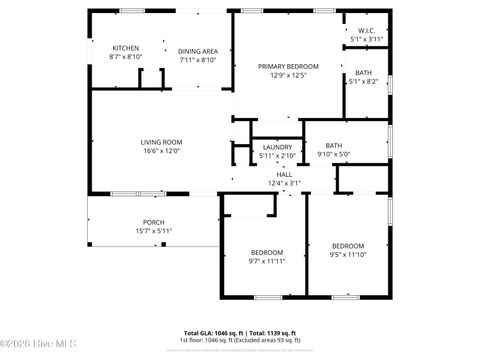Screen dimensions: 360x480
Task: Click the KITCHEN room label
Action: (x=125, y=48)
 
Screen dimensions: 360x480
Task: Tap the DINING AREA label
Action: (x=198, y=51)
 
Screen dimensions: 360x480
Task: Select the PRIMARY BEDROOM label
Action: (x=288, y=66)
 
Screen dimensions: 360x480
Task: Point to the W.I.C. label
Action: (x=366, y=30)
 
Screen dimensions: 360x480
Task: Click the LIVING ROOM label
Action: (x=161, y=142)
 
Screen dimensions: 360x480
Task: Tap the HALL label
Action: (x=284, y=174)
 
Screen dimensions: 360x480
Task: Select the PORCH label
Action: (x=154, y=222)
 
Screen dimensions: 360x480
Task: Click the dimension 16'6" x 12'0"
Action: (x=161, y=151)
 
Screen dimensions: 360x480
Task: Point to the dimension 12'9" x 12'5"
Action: (x=288, y=75)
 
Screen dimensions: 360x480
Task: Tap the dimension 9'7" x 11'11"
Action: (x=267, y=261)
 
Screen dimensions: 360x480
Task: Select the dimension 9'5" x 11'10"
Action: (x=348, y=254)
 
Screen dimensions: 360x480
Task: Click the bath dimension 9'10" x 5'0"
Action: (x=333, y=154)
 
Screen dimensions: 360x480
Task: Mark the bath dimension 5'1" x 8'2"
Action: (x=363, y=82)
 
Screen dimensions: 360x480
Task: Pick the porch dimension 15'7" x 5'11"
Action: (x=154, y=231)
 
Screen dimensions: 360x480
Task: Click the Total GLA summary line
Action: (x=239, y=333)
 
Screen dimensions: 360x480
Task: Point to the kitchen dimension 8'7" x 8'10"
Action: (x=125, y=57)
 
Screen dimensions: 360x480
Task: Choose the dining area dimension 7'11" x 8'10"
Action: (x=198, y=60)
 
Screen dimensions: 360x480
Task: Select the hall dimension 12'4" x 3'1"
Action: (x=284, y=183)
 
